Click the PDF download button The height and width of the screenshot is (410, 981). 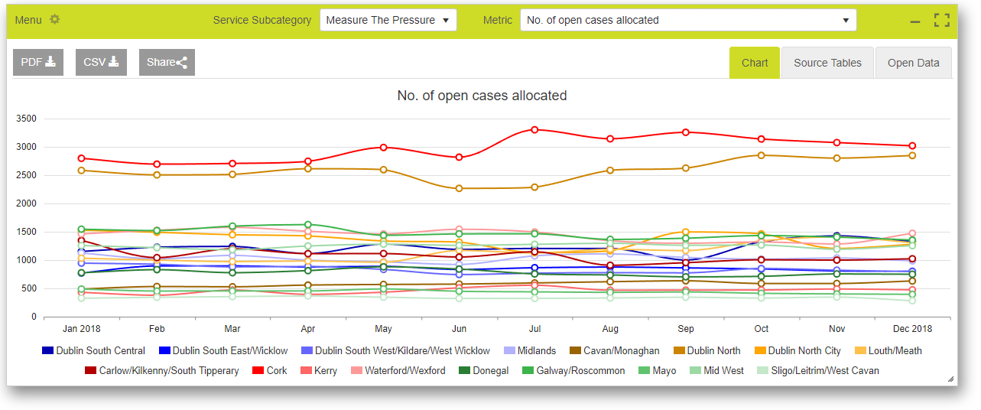point(38,62)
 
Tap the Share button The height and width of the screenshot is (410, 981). point(167,62)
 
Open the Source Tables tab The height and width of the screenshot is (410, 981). point(827,63)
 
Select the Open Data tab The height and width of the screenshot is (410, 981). point(913,63)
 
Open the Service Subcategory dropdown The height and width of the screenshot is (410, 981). point(388,20)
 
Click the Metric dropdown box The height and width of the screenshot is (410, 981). point(688,20)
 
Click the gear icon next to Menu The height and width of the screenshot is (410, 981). point(55,19)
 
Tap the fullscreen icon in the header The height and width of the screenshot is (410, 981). point(941,20)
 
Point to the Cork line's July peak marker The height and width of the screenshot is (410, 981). point(534,130)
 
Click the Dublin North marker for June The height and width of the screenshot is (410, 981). point(459,188)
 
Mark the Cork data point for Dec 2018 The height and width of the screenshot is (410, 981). point(912,146)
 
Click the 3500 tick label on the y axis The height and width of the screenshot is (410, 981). point(26,119)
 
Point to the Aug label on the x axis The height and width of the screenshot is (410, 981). point(610,329)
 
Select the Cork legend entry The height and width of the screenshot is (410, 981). point(270,370)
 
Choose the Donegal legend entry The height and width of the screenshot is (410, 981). point(483,370)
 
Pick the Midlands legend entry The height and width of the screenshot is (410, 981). point(530,351)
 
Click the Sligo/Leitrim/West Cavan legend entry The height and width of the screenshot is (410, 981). point(818,370)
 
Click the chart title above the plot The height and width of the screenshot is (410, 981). point(482,96)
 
